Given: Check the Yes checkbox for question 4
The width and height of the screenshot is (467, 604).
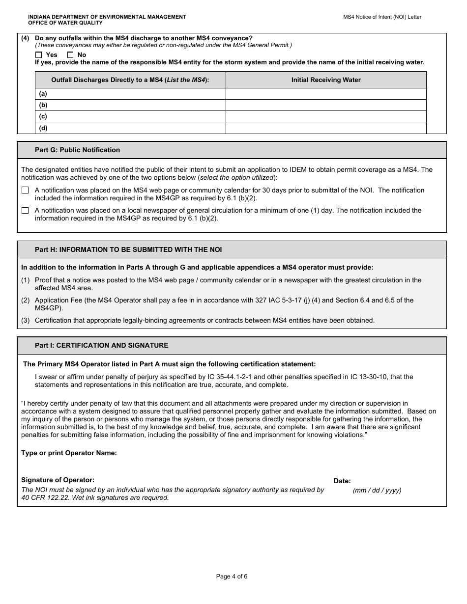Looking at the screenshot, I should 39,55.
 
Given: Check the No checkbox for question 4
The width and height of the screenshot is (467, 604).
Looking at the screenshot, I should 70,55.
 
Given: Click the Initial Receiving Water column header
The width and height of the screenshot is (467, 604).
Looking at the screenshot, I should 326,80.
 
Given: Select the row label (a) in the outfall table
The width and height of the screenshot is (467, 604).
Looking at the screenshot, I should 43,94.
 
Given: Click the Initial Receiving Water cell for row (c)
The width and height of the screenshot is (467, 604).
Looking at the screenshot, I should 326,116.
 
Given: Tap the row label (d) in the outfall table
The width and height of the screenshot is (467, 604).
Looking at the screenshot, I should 43,128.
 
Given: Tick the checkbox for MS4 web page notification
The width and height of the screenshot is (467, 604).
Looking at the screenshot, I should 25,190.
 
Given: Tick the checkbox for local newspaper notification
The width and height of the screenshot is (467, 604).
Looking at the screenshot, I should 25,210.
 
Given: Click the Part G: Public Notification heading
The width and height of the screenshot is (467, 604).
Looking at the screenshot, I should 77,150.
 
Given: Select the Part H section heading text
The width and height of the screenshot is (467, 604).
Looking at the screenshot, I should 128,249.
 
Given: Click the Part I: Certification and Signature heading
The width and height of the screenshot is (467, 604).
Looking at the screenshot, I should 101,345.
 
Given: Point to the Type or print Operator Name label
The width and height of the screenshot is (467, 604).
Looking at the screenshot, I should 69,453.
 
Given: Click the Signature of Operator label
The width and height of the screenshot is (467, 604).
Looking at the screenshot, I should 58,480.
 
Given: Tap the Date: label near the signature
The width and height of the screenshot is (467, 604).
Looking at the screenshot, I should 342,481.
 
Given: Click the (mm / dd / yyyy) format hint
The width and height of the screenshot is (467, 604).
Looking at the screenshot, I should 377,490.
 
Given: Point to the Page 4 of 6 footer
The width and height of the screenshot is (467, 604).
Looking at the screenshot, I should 232,577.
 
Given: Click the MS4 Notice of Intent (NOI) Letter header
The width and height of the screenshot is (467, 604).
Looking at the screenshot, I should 382,17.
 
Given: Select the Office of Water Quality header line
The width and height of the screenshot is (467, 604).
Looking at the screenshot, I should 65,23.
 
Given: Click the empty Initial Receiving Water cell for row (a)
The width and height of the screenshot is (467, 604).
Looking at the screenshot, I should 326,94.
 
